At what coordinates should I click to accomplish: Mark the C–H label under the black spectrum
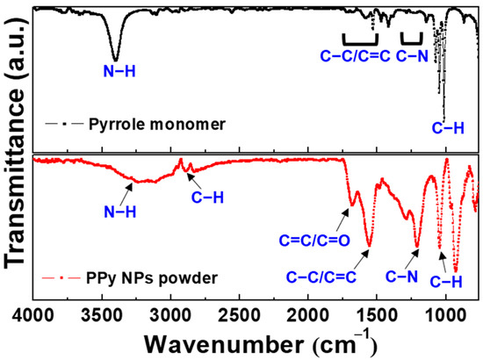451,127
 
